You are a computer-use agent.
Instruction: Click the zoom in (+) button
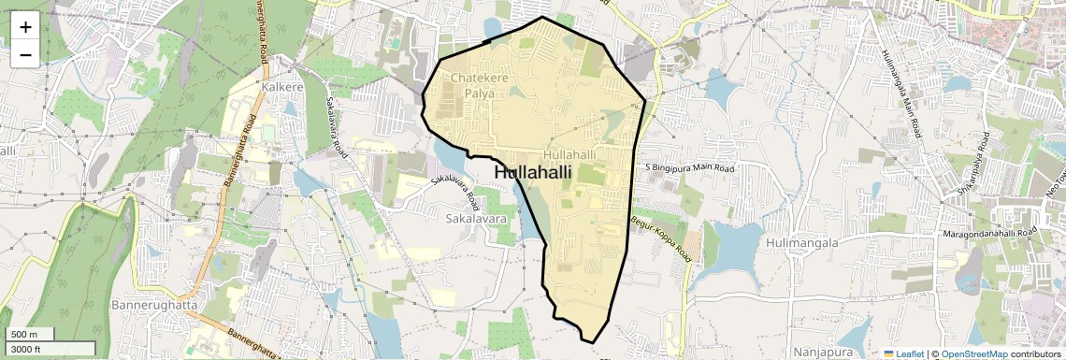coord(25,27)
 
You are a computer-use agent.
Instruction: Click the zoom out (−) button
coord(25,54)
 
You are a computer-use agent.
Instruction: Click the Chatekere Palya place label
coord(480,86)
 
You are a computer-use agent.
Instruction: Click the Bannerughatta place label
coord(151,306)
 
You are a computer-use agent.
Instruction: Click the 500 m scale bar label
coord(24,335)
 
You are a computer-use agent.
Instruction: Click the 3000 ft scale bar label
coord(26,349)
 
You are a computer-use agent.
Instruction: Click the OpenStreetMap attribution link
coord(973,354)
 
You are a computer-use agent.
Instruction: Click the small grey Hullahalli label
coord(569,154)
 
